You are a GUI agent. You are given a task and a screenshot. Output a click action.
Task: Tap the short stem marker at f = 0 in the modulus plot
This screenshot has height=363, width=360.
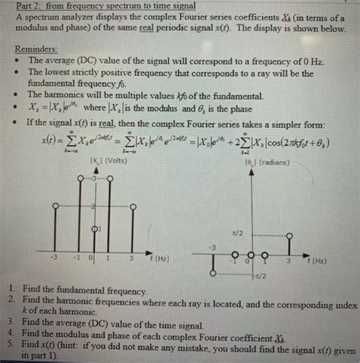93,228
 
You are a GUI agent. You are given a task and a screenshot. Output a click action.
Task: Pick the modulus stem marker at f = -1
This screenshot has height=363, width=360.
79,177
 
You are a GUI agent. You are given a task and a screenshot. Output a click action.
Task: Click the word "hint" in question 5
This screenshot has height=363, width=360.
99,342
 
